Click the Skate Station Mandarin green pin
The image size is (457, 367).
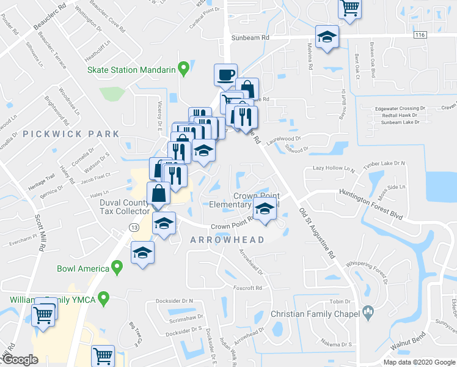click(x=182, y=69)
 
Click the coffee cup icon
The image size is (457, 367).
click(x=225, y=74)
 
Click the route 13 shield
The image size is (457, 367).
click(x=133, y=227)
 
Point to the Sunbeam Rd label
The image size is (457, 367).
click(x=250, y=37)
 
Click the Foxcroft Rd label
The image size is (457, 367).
click(x=247, y=287)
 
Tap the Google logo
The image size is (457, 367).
click(x=20, y=360)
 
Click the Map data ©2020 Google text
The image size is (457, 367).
click(x=420, y=362)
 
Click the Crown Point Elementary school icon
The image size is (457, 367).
click(x=265, y=209)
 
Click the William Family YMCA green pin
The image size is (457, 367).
click(x=104, y=299)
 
